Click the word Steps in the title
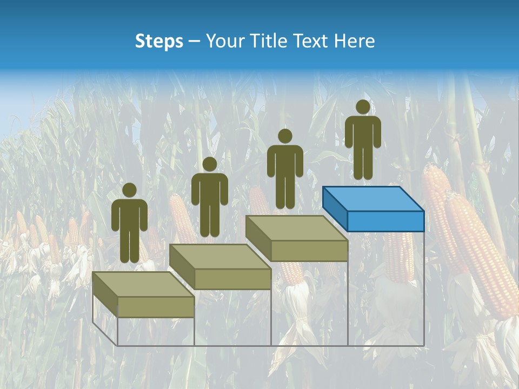pyautogui.click(x=159, y=41)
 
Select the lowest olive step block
pyautogui.click(x=143, y=294)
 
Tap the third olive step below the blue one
pyautogui.click(x=296, y=238)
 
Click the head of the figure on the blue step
pyautogui.click(x=363, y=107)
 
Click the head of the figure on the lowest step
pyautogui.click(x=129, y=190)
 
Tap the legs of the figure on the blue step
pyautogui.click(x=363, y=162)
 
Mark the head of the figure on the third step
pyautogui.click(x=285, y=136)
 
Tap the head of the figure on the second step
pyautogui.click(x=209, y=164)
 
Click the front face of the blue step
pyautogui.click(x=385, y=221)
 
